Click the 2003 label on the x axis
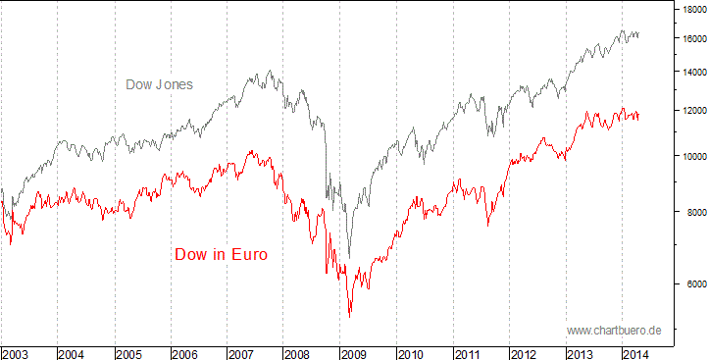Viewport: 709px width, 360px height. [x=16, y=352]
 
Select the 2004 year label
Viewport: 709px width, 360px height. [x=73, y=352]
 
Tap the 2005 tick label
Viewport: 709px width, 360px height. [x=129, y=352]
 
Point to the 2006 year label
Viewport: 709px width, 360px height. [x=186, y=352]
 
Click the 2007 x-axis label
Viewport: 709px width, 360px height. [x=242, y=352]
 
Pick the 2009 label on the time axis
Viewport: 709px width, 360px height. [x=355, y=352]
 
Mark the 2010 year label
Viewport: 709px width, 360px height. [x=412, y=352]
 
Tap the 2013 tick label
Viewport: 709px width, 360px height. [x=582, y=352]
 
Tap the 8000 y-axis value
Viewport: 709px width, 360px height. [x=694, y=212]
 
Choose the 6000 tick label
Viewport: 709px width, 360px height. [x=694, y=284]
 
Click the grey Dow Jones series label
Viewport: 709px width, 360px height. [x=159, y=84]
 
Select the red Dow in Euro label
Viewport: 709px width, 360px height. [x=221, y=254]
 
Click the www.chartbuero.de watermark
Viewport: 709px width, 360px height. [x=614, y=331]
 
